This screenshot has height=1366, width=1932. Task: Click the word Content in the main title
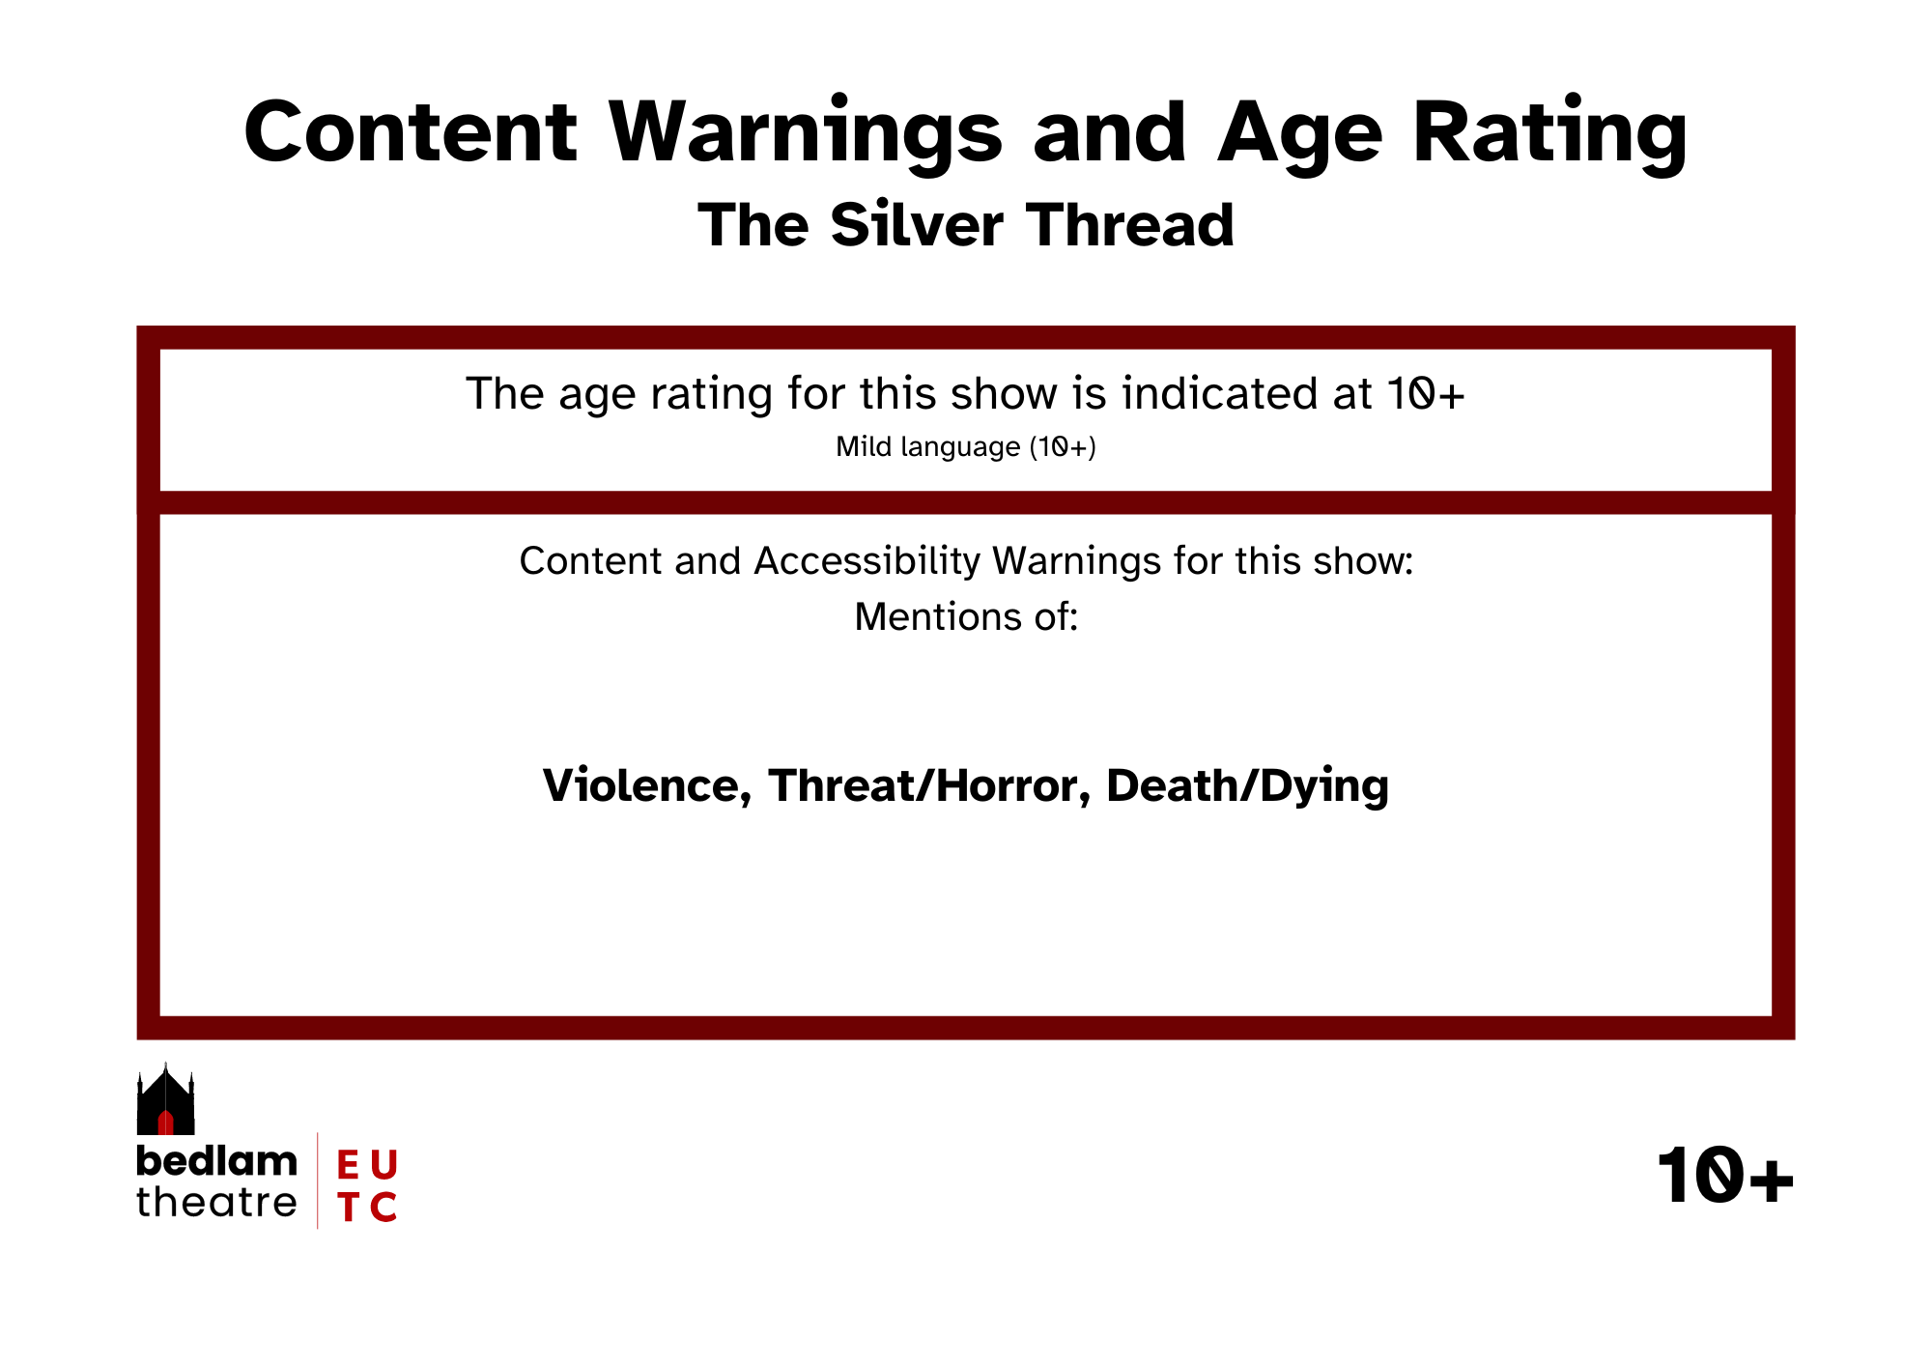coord(411,131)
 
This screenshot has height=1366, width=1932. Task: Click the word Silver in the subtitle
coord(917,224)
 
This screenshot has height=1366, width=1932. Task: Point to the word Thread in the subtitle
coord(1130,224)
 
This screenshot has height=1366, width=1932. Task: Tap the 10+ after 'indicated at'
coord(1427,394)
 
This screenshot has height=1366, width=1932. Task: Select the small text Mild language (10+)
coord(966,447)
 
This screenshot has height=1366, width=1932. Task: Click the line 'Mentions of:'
coord(966,616)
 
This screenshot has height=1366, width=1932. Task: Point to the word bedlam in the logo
coord(216,1160)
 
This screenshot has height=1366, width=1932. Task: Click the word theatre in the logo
coord(216,1203)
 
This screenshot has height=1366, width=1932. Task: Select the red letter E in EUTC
coord(348,1165)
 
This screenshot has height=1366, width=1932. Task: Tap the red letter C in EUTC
coord(384,1208)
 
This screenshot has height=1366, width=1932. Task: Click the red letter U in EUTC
coord(384,1165)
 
